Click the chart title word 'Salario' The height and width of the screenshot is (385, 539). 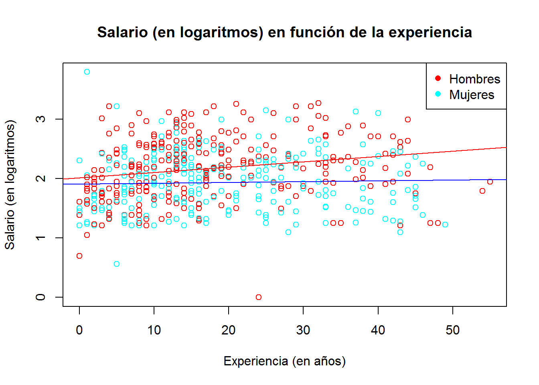pos(122,32)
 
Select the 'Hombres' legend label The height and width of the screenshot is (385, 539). pos(474,79)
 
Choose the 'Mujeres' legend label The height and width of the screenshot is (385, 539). pos(472,95)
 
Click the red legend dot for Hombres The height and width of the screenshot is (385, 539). pos(438,78)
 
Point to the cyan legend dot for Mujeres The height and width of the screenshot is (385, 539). pos(438,94)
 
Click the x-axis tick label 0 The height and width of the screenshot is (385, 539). pos(79,330)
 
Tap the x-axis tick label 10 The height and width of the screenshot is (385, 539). pos(154,330)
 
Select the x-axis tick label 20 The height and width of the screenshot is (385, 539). pos(229,330)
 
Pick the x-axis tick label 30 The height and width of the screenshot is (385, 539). pos(303,330)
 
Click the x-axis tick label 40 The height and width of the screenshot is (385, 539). pos(378,330)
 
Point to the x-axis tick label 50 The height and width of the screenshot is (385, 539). pos(452,330)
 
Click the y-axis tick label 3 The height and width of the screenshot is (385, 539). pos(41,119)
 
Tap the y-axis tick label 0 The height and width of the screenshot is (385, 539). pos(41,297)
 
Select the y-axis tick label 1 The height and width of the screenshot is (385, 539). pos(41,238)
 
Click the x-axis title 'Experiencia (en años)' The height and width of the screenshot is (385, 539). pos(284,361)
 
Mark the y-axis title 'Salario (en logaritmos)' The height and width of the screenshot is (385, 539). pos(10,184)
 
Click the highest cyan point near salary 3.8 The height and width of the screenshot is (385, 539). pos(87,72)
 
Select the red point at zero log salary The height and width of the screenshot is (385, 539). pos(259,297)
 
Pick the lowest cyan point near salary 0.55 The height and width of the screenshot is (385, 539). pos(117,264)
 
